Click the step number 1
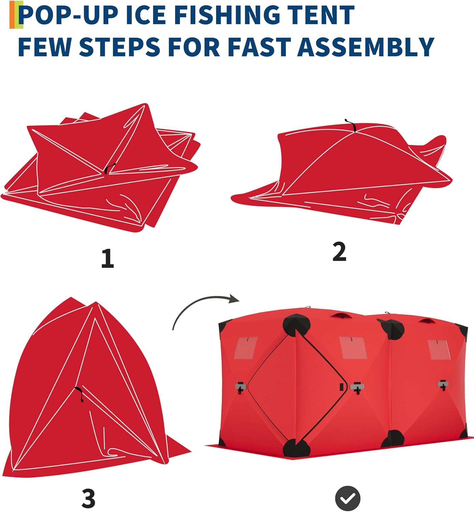pos(107,258)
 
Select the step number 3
pos(88,498)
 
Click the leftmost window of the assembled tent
pos(246,347)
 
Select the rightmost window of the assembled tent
pos(439,349)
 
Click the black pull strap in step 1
pos(110,168)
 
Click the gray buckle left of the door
pos(241,387)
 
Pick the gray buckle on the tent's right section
pos(443,385)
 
